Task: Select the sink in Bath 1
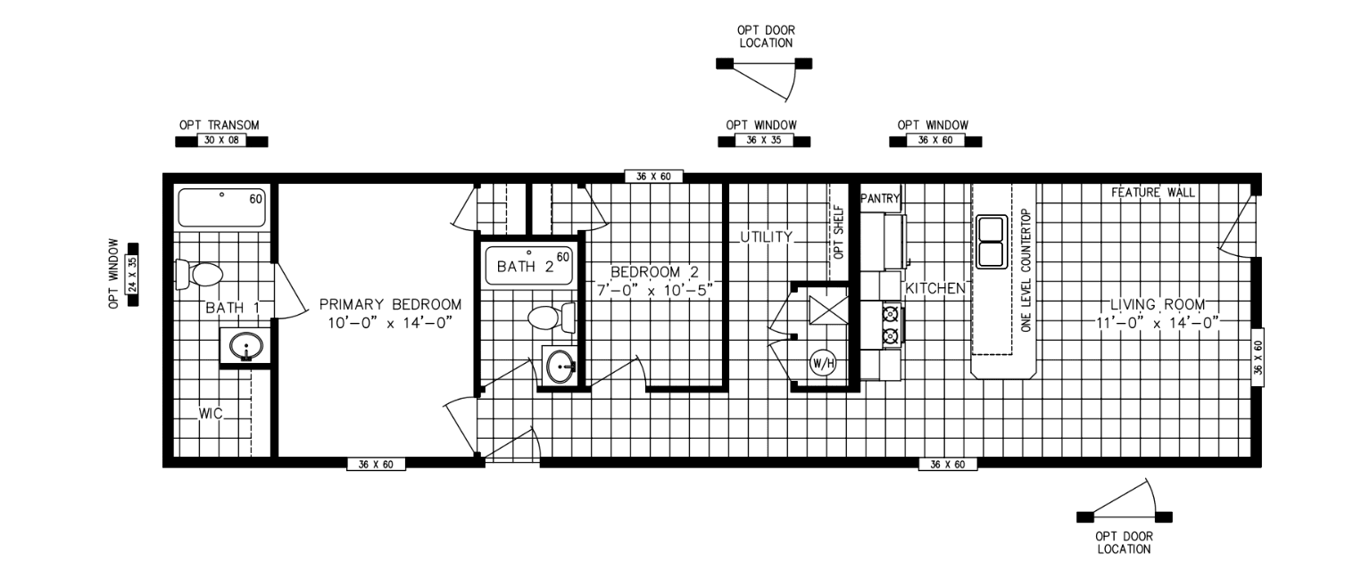245,346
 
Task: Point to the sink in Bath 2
560,365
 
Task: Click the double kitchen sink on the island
992,242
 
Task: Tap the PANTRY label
881,199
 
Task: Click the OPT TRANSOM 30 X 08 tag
220,141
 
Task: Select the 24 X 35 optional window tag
133,274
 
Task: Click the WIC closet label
211,413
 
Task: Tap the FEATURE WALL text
1152,193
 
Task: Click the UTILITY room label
766,237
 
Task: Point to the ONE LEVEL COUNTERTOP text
1026,271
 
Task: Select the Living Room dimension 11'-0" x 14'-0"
1158,323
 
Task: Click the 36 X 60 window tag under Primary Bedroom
376,464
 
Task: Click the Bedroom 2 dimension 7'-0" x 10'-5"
659,289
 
